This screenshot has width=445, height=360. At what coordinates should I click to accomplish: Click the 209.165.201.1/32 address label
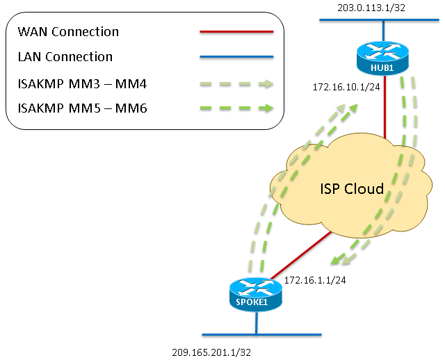(212, 352)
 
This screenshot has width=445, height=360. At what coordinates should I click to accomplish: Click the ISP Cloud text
(352, 189)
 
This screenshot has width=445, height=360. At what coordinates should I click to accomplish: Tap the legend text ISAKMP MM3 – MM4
(77, 83)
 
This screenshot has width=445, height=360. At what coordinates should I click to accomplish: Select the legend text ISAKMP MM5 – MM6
(77, 108)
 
